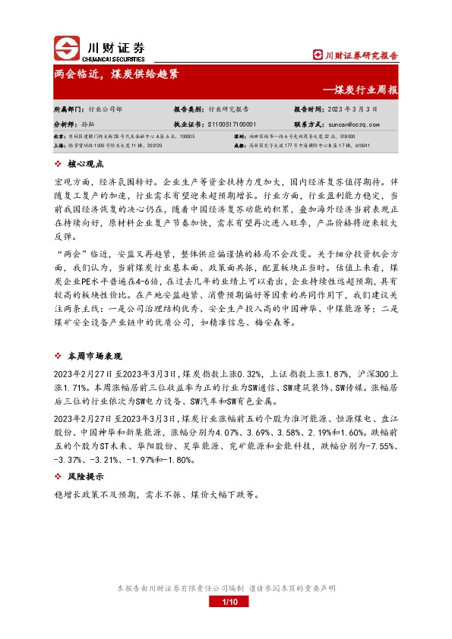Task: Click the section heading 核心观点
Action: (90, 164)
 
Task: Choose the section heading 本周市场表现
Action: (95, 356)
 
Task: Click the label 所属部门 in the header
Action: (68, 109)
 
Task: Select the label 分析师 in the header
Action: (65, 123)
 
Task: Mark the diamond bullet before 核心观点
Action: (59, 164)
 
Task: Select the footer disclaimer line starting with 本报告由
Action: (225, 588)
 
